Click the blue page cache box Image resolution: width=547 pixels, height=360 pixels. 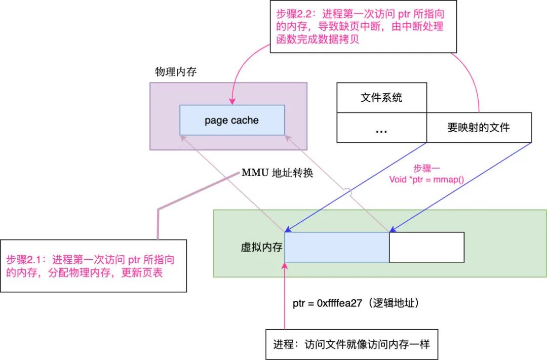tap(232, 120)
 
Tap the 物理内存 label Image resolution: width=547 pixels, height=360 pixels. tap(176, 72)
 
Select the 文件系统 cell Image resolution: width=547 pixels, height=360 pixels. tap(381, 97)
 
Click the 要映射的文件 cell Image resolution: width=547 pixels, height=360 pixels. tap(479, 127)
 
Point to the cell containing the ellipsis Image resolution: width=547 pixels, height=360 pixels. tap(381, 128)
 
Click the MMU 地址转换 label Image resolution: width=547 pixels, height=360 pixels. tap(277, 173)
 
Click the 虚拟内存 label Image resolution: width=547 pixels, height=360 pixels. tap(261, 248)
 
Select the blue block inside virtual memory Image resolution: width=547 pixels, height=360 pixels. tap(336, 247)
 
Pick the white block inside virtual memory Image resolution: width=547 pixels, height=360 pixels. tap(426, 247)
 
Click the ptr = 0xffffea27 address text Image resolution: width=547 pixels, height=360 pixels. tap(357, 304)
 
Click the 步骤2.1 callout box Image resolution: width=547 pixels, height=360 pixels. tap(93, 266)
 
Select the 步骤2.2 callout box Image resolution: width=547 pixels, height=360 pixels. tap(363, 27)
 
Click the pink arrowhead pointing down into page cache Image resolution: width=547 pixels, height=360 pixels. tap(232, 101)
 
